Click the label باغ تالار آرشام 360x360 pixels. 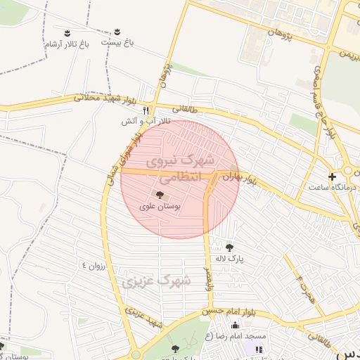coord(67,44)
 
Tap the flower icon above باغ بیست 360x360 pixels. coord(117,32)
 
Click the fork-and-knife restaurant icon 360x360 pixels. coord(146,110)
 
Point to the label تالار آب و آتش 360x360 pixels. coord(138,122)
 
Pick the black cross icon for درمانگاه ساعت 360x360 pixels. coord(332,176)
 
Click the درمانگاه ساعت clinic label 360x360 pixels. coord(333,187)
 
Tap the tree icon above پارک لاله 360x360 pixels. coord(229,246)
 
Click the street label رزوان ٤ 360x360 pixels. coord(94,265)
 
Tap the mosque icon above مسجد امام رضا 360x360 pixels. coord(235,325)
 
